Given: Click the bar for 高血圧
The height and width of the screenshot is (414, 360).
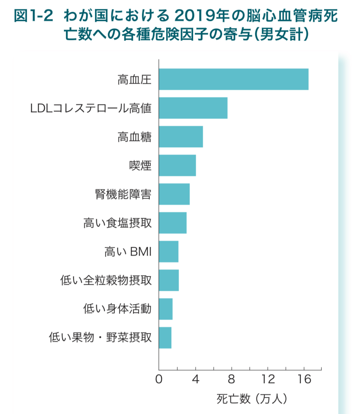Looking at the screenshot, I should tap(234, 79).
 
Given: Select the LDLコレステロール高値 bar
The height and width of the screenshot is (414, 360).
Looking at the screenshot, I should tap(193, 108).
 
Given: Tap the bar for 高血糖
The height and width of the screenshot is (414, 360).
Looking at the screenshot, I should tap(181, 137).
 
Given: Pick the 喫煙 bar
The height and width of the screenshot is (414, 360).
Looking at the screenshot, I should tap(177, 165).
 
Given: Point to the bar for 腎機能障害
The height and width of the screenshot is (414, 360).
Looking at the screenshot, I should tap(174, 194).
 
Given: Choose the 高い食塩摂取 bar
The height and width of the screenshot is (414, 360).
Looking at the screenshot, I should tap(173, 223).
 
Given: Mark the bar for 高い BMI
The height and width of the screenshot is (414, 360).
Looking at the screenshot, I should tap(168, 251).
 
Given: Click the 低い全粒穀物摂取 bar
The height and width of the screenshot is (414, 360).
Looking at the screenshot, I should tap(169, 280).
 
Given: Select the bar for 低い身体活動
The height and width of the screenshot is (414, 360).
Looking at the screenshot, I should tap(166, 309).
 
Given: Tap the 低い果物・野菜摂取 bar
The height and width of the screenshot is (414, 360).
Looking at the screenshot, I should tap(165, 338).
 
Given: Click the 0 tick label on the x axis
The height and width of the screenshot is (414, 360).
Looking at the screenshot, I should tap(159, 380).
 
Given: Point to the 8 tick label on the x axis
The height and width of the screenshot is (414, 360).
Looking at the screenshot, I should tap(232, 380).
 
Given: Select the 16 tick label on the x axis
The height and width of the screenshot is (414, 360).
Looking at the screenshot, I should tap(304, 380).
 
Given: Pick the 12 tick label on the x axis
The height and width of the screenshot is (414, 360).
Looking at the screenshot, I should tap(268, 380).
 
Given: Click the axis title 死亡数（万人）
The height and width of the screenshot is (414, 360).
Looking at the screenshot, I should tap(251, 398).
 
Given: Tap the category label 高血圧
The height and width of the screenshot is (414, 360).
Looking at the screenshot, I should tap(135, 80).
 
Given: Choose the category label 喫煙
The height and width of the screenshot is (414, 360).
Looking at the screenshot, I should tap(140, 166).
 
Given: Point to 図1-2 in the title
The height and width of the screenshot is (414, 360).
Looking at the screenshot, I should tap(34, 15).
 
